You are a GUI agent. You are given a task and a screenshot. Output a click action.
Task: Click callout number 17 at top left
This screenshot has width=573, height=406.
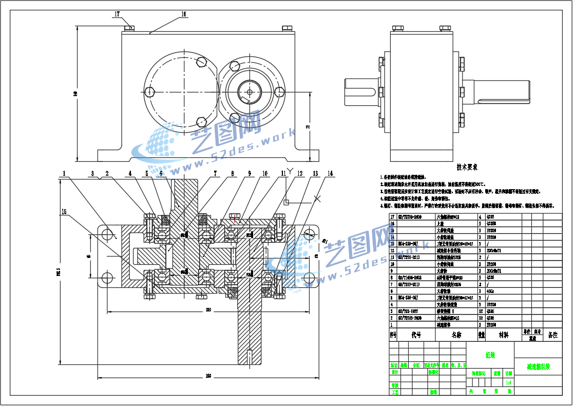(x=117, y=14)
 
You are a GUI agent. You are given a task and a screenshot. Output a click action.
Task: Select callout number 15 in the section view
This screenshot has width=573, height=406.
(x=64, y=211)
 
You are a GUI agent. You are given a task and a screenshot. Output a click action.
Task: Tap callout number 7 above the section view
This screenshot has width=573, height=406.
(x=216, y=174)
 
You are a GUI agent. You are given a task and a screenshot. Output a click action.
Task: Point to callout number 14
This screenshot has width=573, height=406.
(x=330, y=174)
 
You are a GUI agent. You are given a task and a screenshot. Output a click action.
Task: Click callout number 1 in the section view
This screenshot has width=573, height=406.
(x=64, y=174)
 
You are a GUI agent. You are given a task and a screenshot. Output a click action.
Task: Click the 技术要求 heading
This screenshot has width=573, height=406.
(x=467, y=167)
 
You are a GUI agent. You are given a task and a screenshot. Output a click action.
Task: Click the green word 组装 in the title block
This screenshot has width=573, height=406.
(x=490, y=354)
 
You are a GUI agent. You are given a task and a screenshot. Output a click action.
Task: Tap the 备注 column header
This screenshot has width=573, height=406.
(x=552, y=335)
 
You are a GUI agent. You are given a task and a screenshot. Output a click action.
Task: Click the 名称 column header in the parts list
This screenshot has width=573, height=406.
(x=456, y=335)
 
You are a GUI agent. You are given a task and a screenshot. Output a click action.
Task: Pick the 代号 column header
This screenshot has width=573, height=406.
(x=416, y=335)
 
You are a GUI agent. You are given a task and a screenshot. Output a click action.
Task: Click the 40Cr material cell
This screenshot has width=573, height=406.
(x=491, y=291)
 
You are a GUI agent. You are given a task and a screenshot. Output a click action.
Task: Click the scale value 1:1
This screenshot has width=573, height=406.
(x=508, y=382)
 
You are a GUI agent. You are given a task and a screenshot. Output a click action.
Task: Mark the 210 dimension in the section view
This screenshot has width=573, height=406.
(x=208, y=309)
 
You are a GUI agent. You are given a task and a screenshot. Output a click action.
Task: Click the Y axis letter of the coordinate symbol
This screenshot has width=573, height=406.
(x=290, y=170)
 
